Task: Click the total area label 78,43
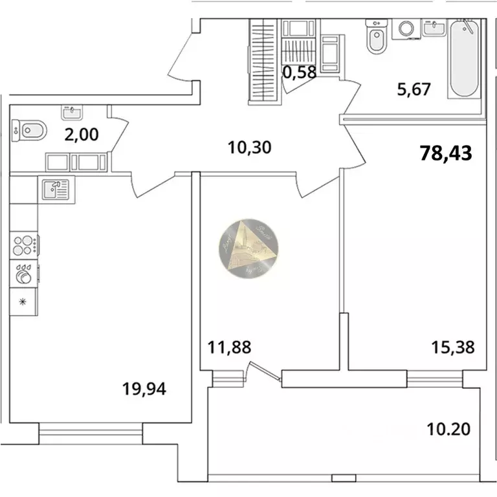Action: pyautogui.click(x=447, y=153)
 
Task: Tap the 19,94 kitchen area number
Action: pyautogui.click(x=144, y=389)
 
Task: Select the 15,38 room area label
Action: pyautogui.click(x=453, y=348)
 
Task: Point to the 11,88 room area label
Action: pyautogui.click(x=229, y=348)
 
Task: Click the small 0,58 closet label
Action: pyautogui.click(x=300, y=72)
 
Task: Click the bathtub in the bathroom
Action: pyautogui.click(x=463, y=60)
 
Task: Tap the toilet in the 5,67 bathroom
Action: pyautogui.click(x=375, y=38)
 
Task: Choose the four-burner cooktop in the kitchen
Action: pyautogui.click(x=24, y=245)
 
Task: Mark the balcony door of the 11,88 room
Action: pyautogui.click(x=265, y=376)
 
